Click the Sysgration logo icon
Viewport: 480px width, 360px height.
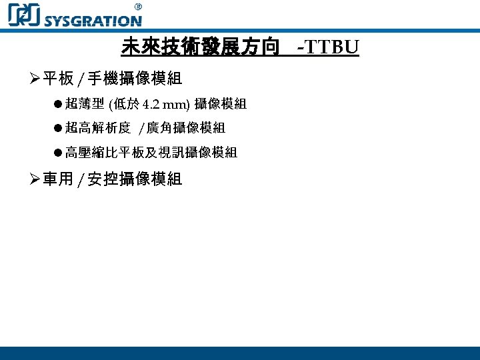pyautogui.click(x=24, y=14)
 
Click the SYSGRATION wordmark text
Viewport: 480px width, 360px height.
pyautogui.click(x=93, y=20)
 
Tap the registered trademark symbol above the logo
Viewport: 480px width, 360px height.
pyautogui.click(x=138, y=6)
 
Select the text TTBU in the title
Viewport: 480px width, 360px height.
pyautogui.click(x=332, y=47)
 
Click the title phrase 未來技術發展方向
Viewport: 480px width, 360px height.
pyautogui.click(x=200, y=47)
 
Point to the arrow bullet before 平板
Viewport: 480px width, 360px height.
pyautogui.click(x=35, y=79)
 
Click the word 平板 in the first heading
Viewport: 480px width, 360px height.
pyautogui.click(x=58, y=79)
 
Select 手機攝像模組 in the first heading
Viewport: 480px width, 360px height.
pyautogui.click(x=134, y=79)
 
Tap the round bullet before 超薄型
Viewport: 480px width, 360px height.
pyautogui.click(x=59, y=104)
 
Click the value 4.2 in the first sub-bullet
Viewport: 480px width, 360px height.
pyautogui.click(x=151, y=104)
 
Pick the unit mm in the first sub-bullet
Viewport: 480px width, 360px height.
pyautogui.click(x=176, y=104)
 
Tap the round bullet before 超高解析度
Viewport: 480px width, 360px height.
pyautogui.click(x=59, y=128)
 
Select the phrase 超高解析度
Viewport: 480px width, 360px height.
pyautogui.click(x=97, y=128)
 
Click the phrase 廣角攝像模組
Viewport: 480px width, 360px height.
pyautogui.click(x=185, y=128)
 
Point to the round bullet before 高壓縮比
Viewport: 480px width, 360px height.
pyautogui.click(x=59, y=153)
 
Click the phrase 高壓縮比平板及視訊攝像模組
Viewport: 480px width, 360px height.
pyautogui.click(x=151, y=153)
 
